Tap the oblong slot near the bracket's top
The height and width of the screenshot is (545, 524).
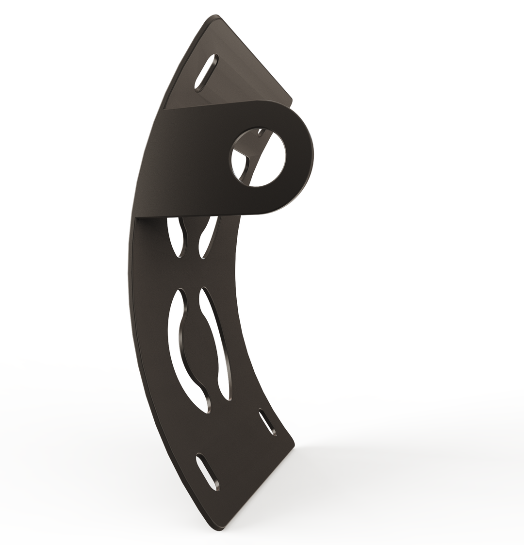[x=207, y=72]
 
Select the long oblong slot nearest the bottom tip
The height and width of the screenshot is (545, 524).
[x=207, y=471]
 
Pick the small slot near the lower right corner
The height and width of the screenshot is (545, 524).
[x=267, y=422]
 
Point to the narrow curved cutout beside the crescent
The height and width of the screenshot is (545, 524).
[x=217, y=340]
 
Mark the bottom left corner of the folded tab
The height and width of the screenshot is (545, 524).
[x=137, y=216]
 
